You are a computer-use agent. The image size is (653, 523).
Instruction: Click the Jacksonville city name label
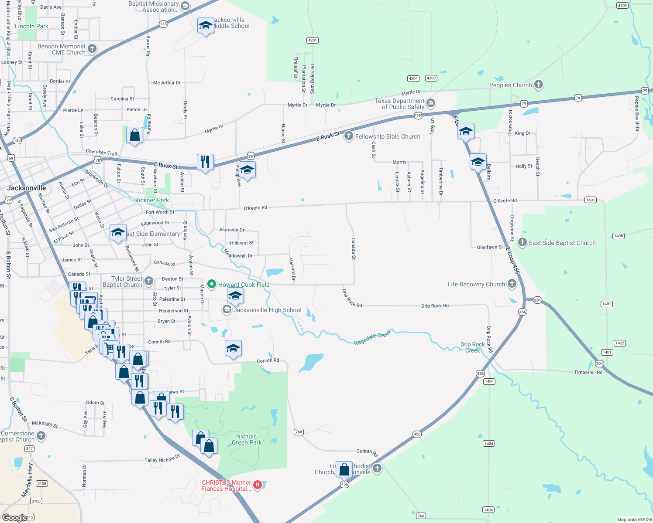click(x=27, y=188)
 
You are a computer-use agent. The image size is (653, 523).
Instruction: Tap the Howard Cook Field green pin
click(x=212, y=284)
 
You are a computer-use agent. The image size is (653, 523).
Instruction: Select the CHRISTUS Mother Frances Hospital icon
click(x=258, y=485)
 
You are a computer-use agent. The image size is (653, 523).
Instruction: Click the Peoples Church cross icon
click(x=539, y=85)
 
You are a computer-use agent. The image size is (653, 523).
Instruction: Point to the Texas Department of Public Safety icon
click(x=431, y=103)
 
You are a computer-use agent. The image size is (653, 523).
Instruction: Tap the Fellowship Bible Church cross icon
click(x=349, y=136)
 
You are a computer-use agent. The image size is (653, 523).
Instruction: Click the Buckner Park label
click(x=151, y=200)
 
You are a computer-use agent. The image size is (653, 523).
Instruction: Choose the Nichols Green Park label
click(x=247, y=439)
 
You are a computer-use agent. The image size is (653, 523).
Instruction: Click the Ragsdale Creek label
click(x=373, y=337)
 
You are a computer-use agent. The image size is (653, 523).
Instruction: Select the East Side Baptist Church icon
click(x=522, y=242)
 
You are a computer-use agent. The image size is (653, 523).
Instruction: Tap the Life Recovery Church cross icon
click(x=512, y=284)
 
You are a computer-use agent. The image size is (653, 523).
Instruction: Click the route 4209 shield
click(x=622, y=6)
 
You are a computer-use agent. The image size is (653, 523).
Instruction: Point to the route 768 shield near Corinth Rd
click(x=299, y=432)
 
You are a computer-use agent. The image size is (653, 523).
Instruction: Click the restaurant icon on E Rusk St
click(x=205, y=162)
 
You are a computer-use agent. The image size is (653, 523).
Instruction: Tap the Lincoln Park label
click(x=31, y=26)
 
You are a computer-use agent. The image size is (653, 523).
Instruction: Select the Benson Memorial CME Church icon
click(x=92, y=48)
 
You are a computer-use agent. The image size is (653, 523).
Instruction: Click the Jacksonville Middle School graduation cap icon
click(x=206, y=25)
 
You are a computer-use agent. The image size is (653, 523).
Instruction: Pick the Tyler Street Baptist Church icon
click(x=149, y=281)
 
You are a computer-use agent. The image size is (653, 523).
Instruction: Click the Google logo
click(x=14, y=517)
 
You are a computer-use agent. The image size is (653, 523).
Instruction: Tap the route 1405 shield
click(x=619, y=236)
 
